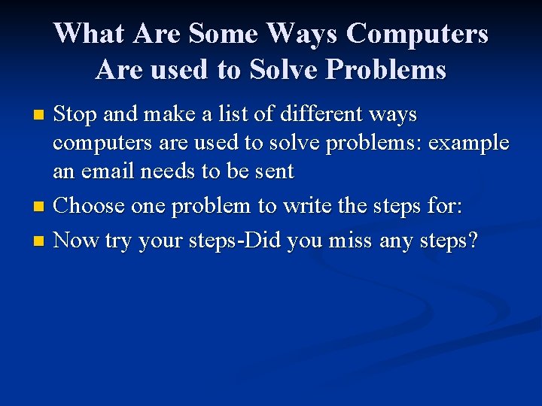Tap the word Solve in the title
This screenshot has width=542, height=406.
287,70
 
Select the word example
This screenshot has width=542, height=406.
468,143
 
